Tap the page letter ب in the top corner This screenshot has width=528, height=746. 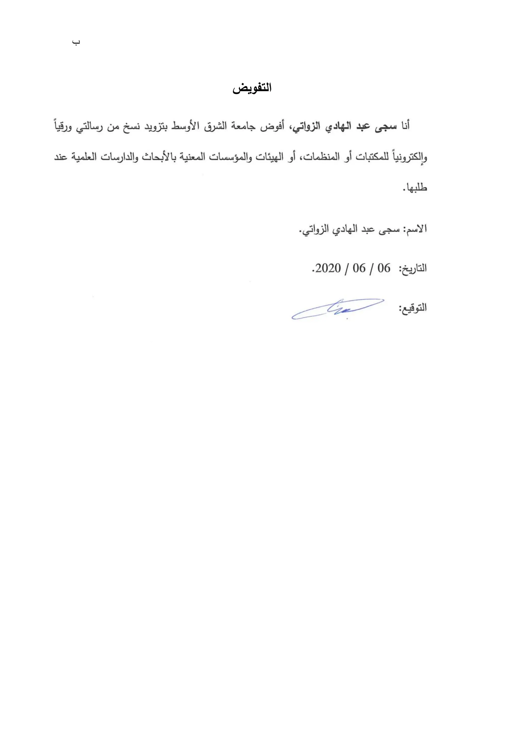tap(76, 43)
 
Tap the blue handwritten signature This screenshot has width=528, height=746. tap(338, 309)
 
